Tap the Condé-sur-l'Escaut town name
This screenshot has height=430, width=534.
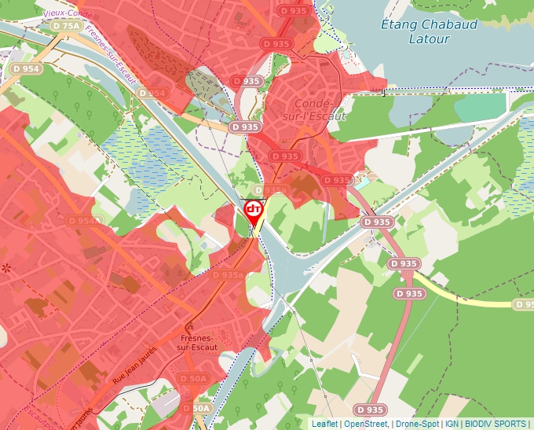[x=320, y=109]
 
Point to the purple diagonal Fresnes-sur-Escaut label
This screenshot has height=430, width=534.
[x=111, y=57]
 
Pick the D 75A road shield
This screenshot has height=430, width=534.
[x=67, y=26]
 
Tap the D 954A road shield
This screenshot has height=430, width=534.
[x=85, y=221]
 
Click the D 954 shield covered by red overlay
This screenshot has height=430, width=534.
[x=152, y=93]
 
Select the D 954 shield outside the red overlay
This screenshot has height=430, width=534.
[x=26, y=69]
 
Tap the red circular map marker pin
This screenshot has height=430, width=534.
[x=253, y=209]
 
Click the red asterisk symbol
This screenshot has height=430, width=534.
[x=6, y=269]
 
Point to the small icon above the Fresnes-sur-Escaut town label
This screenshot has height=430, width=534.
[x=188, y=325]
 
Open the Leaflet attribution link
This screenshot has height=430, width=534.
[x=324, y=424]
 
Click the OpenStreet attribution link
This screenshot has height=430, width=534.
[x=365, y=424]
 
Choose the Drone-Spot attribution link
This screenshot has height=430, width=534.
[x=416, y=424]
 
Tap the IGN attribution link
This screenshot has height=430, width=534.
[x=452, y=424]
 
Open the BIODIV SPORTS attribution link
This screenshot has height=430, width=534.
[x=495, y=424]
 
